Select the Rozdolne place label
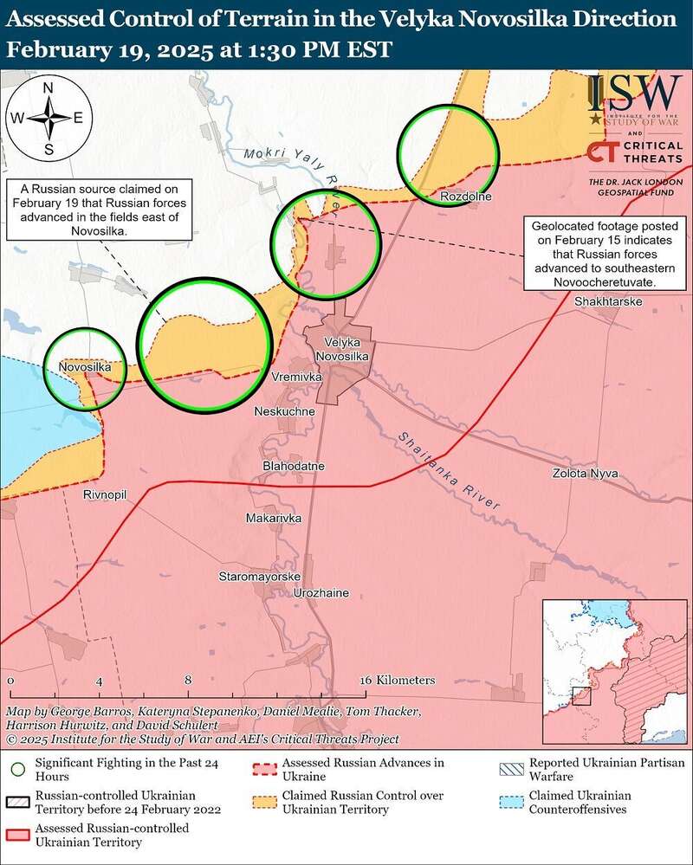coord(466,197)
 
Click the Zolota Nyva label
coord(586,473)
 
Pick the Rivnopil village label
coord(105,494)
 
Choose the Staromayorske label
coord(259,576)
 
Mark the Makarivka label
coord(273,517)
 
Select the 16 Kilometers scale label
coord(398,681)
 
